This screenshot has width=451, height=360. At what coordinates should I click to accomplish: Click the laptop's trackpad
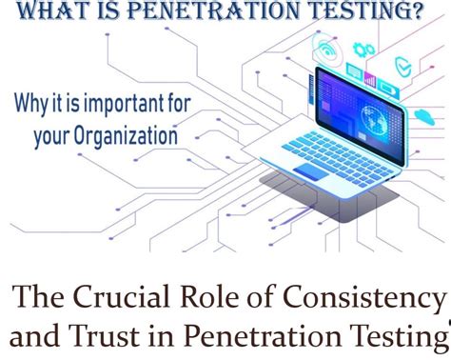[311, 172]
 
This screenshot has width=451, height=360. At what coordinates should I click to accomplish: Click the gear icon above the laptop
[363, 49]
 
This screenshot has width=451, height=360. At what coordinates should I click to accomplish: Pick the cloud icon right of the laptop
[423, 115]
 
